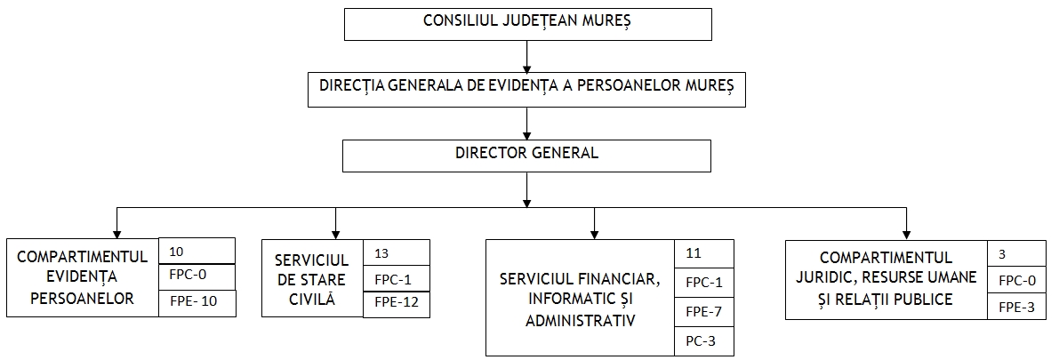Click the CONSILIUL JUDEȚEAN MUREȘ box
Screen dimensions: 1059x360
point(527,24)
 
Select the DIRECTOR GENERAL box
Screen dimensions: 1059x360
point(526,156)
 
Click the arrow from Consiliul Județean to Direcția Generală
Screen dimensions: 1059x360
point(526,55)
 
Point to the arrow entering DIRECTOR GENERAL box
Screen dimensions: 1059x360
point(526,124)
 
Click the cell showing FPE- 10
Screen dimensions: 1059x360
point(197,302)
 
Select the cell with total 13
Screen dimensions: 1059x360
point(397,253)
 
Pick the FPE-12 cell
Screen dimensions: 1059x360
point(397,305)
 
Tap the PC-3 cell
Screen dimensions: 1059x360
point(704,341)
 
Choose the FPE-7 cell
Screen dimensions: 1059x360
point(704,312)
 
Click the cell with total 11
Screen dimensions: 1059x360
point(704,254)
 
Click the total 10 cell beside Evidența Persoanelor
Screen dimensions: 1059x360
point(197,251)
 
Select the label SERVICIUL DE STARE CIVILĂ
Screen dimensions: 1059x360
point(312,279)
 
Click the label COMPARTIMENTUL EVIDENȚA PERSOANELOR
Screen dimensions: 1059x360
point(83,277)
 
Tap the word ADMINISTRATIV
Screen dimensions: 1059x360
point(581,320)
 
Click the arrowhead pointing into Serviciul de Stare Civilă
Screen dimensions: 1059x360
point(336,233)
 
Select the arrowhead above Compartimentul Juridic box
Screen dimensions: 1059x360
point(906,233)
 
